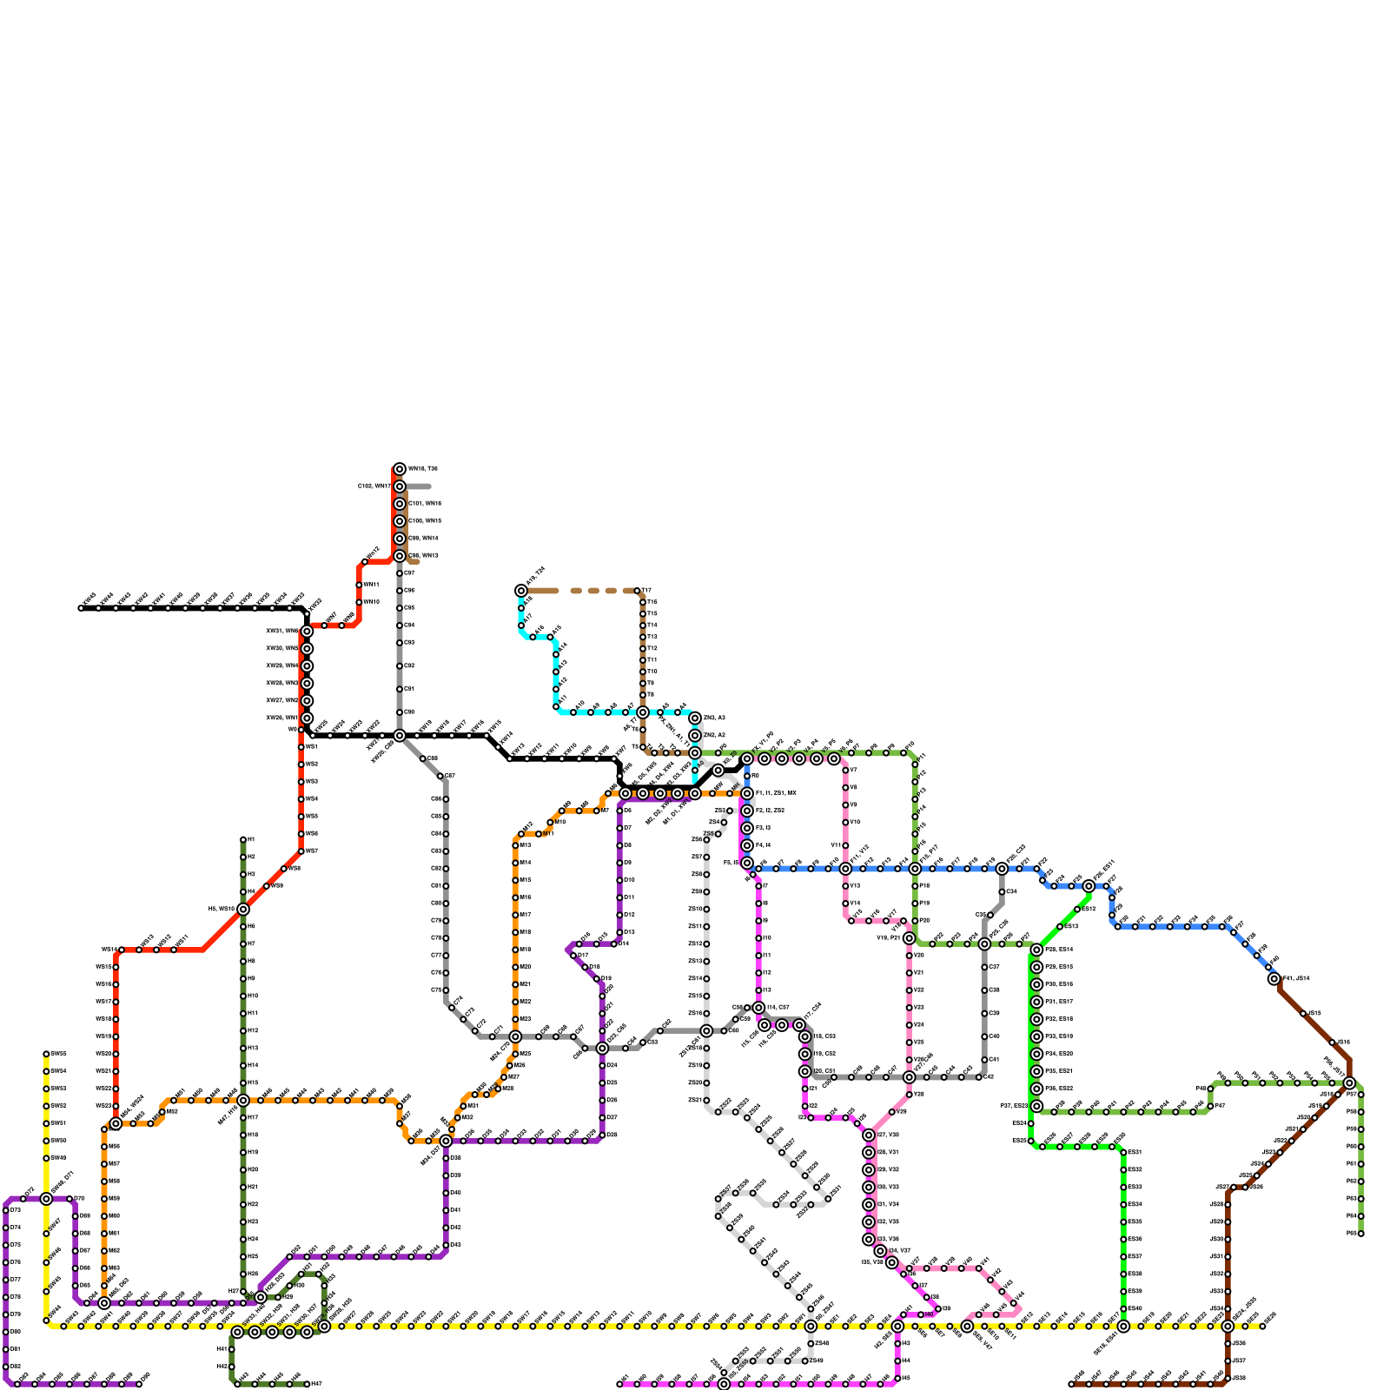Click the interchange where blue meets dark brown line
point(1274,979)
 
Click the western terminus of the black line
point(81,608)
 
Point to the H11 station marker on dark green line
point(243,1014)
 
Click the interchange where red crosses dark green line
point(243,910)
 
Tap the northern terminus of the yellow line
point(46,1054)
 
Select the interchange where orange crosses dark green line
point(243,1101)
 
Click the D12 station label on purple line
point(630,915)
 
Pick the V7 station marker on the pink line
point(845,771)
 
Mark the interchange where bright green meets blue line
point(1089,886)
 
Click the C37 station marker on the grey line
point(984,967)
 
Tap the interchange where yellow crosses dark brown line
point(1228,1327)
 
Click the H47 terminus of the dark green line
point(307,1384)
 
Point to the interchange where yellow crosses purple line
point(46,1199)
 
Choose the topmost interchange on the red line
point(400,469)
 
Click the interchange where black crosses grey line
point(400,736)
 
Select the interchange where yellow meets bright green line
point(1123,1327)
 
